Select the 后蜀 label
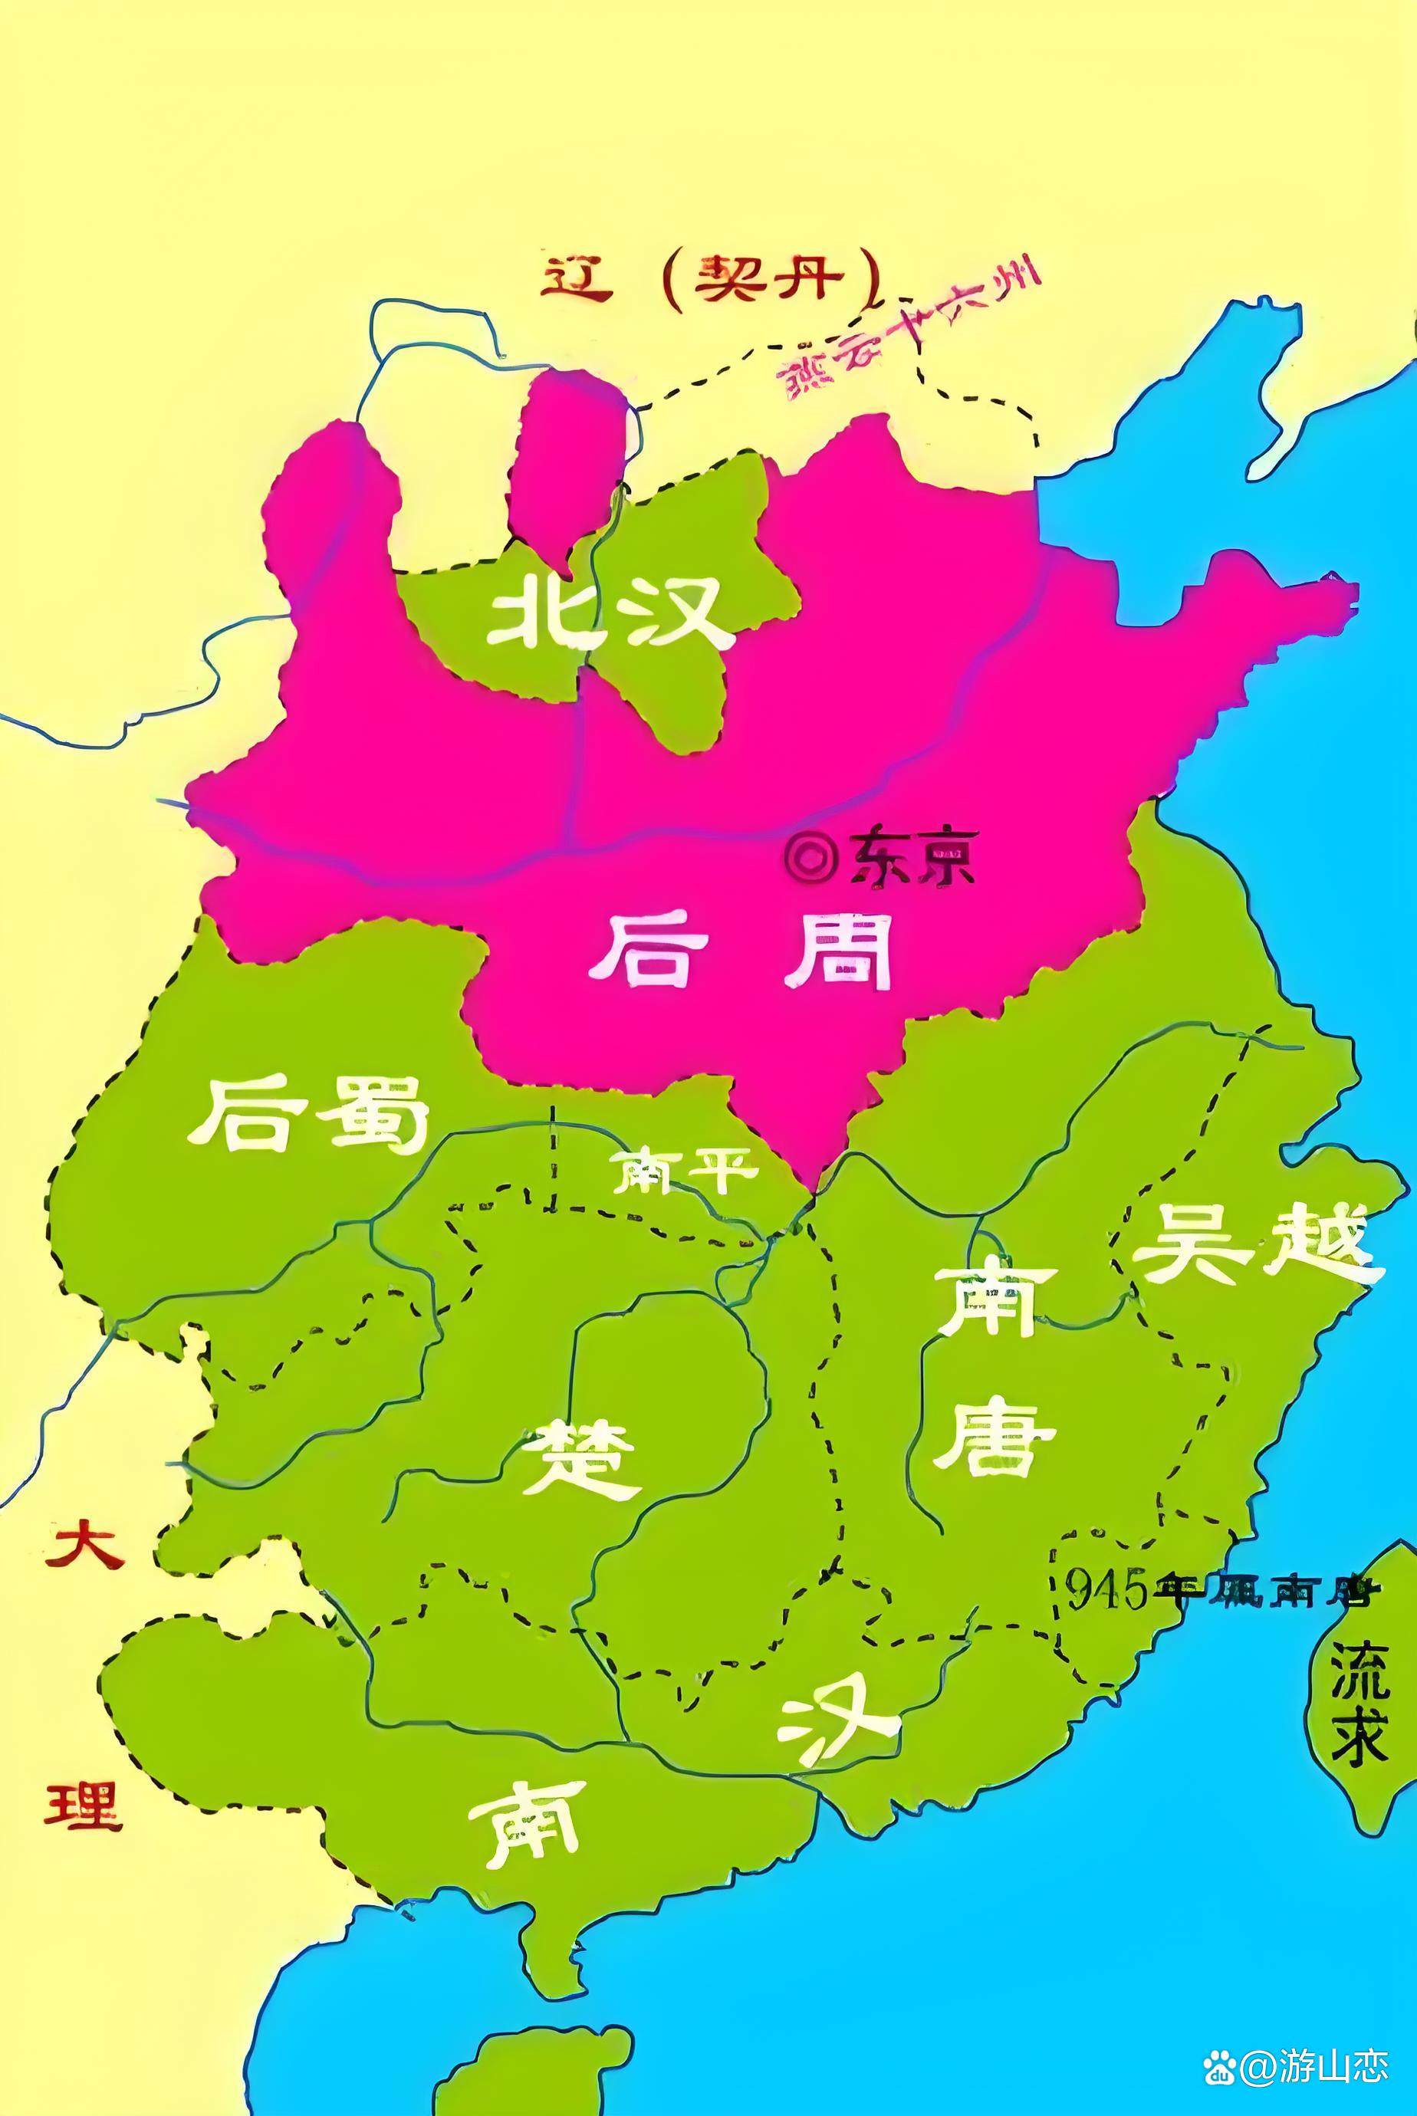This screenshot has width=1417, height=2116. pyautogui.click(x=307, y=1114)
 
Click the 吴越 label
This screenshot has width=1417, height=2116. pyautogui.click(x=1257, y=1244)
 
